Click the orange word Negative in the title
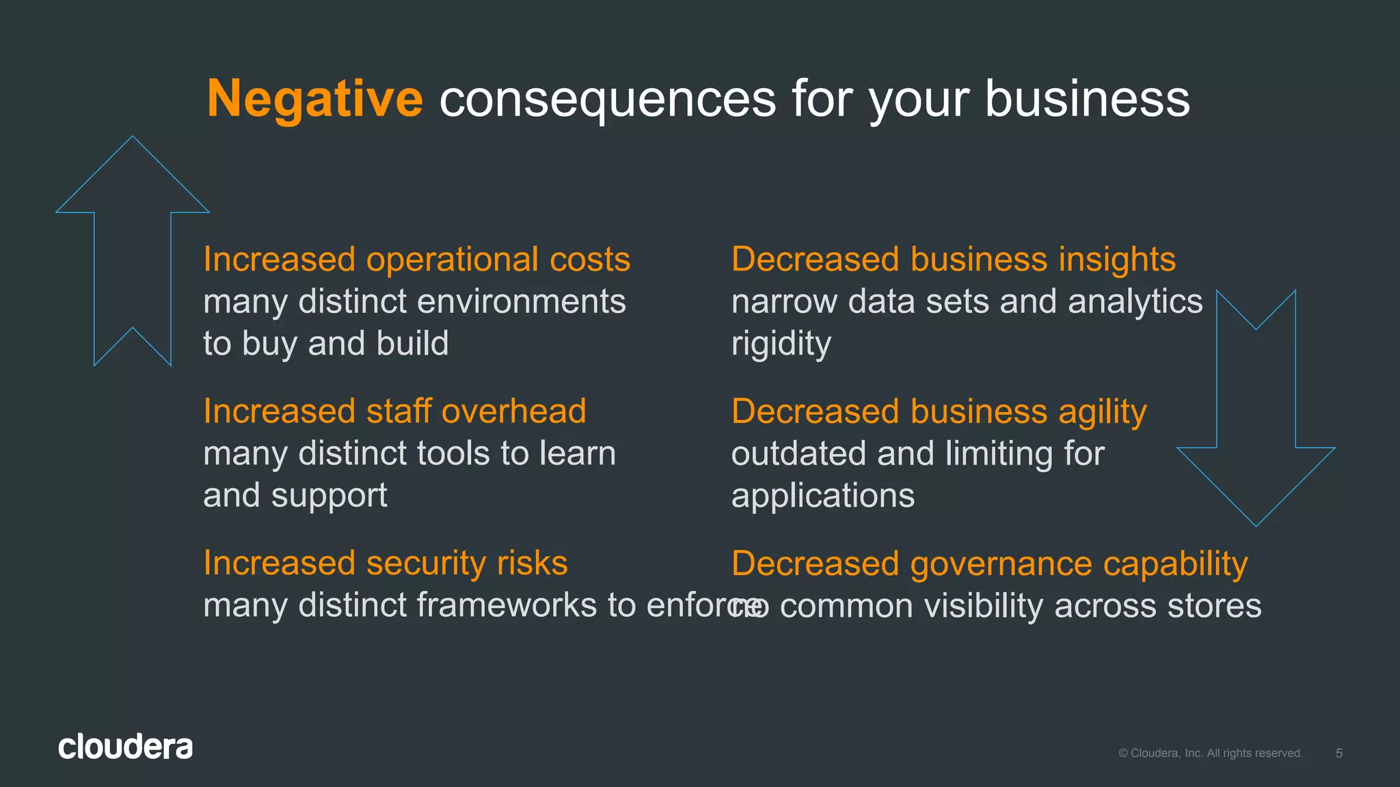pyautogui.click(x=314, y=100)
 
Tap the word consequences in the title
pyautogui.click(x=607, y=100)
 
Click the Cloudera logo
pyautogui.click(x=125, y=747)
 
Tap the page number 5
pyautogui.click(x=1339, y=754)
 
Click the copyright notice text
pyautogui.click(x=1211, y=754)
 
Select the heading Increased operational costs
pyautogui.click(x=416, y=260)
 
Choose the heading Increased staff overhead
pyautogui.click(x=394, y=411)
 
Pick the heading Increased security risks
pyautogui.click(x=386, y=564)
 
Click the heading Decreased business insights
pyautogui.click(x=953, y=260)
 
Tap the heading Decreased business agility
pyautogui.click(x=939, y=412)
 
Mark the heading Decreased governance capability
pyautogui.click(x=989, y=564)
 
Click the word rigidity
pyautogui.click(x=781, y=344)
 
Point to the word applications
pyautogui.click(x=822, y=496)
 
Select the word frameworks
pyautogui.click(x=507, y=606)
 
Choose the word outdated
pyautogui.click(x=798, y=454)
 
